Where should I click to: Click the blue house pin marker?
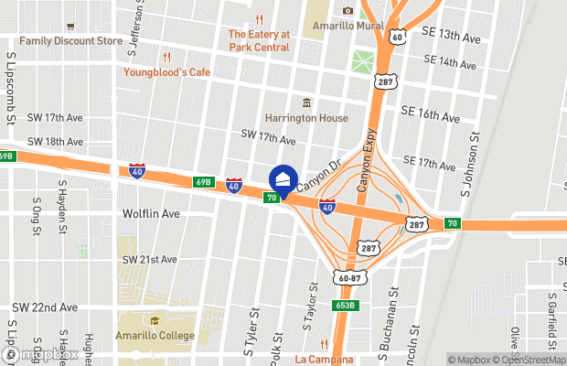click(x=283, y=179)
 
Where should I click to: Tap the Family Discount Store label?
click(x=70, y=41)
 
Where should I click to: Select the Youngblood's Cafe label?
click(x=167, y=72)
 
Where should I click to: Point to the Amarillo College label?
click(x=155, y=336)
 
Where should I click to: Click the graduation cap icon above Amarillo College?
click(x=155, y=321)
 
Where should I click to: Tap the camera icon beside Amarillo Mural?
click(x=348, y=11)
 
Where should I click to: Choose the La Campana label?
click(x=324, y=360)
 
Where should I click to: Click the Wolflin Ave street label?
click(x=151, y=213)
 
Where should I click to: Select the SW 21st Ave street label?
click(x=149, y=260)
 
